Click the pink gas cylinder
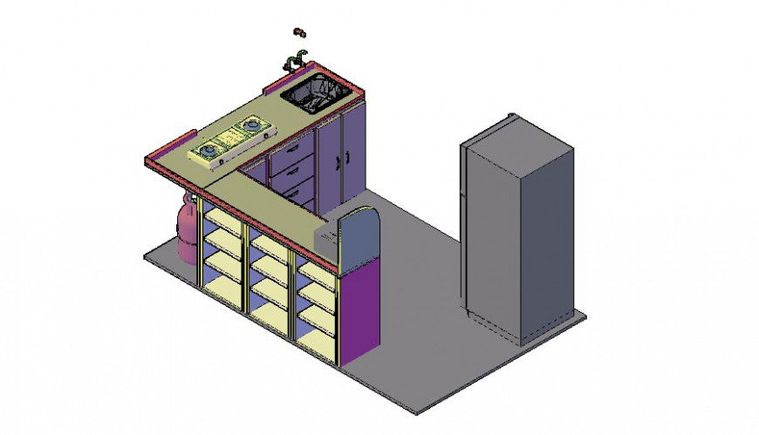click(188, 231)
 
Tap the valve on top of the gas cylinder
click(186, 200)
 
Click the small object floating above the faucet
click(299, 32)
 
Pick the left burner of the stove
click(209, 152)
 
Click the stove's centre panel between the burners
click(230, 139)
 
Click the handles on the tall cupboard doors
click(340, 159)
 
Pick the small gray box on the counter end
click(325, 235)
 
